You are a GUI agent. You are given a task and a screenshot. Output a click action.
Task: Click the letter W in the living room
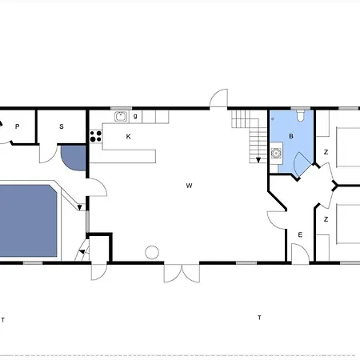coord(189,186)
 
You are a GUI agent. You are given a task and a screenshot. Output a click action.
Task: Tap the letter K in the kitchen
coord(128,137)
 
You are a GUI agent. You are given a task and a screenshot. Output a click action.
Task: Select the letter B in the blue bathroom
coord(291,136)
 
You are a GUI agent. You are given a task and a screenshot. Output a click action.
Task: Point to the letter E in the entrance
coord(300,235)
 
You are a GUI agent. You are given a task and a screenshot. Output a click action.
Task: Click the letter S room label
coord(62,126)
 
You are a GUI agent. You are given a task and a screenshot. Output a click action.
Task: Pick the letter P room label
coord(18,126)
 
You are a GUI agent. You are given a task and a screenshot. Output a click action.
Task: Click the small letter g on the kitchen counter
coord(135,116)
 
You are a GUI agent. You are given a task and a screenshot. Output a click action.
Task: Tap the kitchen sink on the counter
coord(121,117)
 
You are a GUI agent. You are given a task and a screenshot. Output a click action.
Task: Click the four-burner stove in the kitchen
coord(96,136)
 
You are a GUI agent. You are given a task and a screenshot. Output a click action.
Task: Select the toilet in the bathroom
coord(301,116)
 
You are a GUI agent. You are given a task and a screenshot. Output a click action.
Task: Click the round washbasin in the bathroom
coord(276,153)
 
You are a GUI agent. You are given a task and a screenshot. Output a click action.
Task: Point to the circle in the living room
coord(152,252)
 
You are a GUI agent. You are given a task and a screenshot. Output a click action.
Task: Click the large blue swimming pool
coord(28,221)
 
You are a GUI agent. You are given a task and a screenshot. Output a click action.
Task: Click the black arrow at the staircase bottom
coord(258,160)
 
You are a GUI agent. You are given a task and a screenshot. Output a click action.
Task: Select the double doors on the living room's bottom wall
coord(182,273)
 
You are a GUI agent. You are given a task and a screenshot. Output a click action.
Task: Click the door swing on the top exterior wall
coord(219,98)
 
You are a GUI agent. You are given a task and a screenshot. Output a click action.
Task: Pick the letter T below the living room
coord(259,318)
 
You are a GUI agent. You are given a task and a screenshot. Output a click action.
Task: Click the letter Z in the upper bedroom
coord(326,152)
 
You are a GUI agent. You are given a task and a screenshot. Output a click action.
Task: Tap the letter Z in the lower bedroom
coord(326,219)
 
